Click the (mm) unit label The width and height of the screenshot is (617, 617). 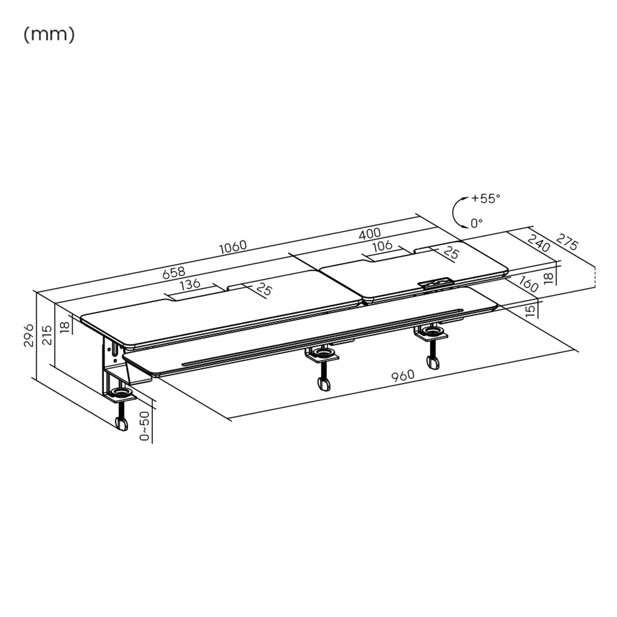pos(49,35)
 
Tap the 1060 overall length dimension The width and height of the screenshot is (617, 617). pos(233,246)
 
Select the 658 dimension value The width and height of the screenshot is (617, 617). pos(174,273)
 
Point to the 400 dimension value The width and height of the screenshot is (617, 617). pos(370,234)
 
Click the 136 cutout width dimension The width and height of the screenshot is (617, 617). pos(190,284)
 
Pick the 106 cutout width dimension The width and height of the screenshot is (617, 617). pos(382,246)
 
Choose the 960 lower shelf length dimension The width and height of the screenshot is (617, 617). pos(403,376)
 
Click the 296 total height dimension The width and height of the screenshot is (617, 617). pos(29,335)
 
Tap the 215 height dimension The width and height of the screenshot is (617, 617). pos(46,335)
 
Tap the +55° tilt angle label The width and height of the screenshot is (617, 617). pos(485,198)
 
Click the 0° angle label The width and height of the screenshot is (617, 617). pos(477,223)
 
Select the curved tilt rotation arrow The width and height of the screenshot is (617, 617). pos(457,211)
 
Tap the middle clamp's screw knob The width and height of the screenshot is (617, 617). pos(324,384)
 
